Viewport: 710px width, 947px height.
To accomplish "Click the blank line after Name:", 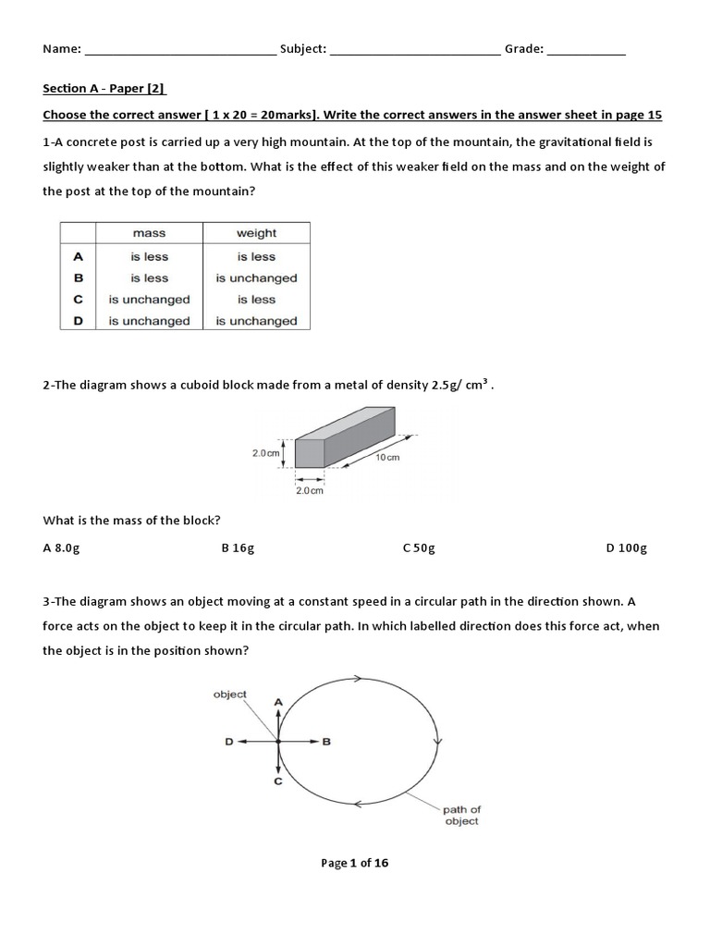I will [x=179, y=50].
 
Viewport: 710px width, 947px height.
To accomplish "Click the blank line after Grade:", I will [x=586, y=50].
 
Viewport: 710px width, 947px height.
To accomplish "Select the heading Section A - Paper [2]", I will [x=104, y=89].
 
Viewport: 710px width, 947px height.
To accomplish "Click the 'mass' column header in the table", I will [x=149, y=234].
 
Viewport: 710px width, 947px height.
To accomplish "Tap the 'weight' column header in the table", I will [x=256, y=234].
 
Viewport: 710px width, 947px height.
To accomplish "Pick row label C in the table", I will [x=79, y=300].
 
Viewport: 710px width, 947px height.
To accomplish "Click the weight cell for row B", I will [x=256, y=278].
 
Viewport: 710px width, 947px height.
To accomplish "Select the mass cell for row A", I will [x=149, y=257].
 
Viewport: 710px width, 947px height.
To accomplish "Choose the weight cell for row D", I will [x=256, y=321].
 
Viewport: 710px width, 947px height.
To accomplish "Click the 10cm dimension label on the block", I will [x=387, y=458].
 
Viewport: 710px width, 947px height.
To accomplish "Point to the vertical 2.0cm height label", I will [x=265, y=453].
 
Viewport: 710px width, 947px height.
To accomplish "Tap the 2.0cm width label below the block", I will [x=310, y=491].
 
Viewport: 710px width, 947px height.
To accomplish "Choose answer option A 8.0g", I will [x=62, y=547].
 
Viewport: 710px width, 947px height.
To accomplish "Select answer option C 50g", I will [x=419, y=547].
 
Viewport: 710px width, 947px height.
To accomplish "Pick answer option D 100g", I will [x=626, y=547].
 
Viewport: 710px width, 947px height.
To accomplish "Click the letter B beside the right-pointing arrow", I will [x=326, y=741].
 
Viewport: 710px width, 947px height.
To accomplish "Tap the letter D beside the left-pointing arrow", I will [x=229, y=741].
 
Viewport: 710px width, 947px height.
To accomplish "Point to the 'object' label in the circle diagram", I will [x=229, y=695].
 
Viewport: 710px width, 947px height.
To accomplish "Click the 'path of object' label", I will [x=461, y=815].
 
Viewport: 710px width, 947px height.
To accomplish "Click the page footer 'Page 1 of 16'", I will [x=355, y=863].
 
